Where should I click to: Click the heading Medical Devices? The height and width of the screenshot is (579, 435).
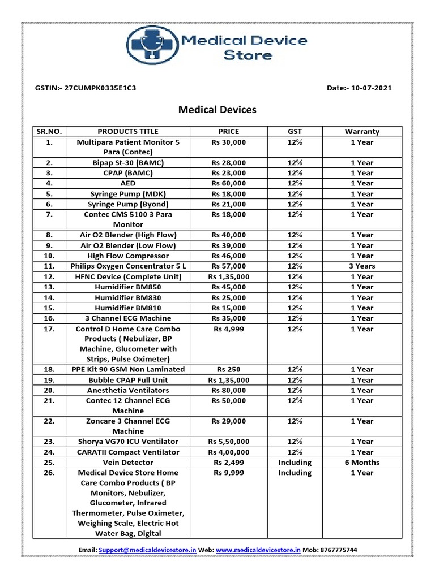[x=217, y=110]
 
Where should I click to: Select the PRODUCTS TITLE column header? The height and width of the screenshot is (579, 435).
[x=128, y=132]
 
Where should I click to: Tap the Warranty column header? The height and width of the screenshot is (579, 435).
[x=362, y=132]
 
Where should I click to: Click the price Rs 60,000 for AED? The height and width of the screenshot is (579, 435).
[x=228, y=183]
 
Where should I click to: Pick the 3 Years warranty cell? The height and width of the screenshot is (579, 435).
[x=362, y=266]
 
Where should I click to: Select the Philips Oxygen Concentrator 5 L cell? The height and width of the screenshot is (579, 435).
[x=128, y=266]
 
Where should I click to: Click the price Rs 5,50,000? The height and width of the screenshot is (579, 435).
[x=228, y=442]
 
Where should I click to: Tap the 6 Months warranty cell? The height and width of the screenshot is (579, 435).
[x=362, y=463]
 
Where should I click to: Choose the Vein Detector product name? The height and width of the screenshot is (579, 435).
[x=128, y=463]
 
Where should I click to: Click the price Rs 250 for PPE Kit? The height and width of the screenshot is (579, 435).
[x=228, y=369]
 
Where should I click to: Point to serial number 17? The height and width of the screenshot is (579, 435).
[x=49, y=329]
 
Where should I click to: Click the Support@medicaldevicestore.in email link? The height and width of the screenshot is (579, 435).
[x=147, y=550]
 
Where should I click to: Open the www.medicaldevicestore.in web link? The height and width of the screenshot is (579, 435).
[x=258, y=550]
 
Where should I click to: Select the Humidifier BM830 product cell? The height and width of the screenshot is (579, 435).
[x=128, y=297]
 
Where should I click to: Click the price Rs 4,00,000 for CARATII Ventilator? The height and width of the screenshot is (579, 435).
[x=228, y=452]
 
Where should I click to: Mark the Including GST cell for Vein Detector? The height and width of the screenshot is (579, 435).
[x=295, y=463]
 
